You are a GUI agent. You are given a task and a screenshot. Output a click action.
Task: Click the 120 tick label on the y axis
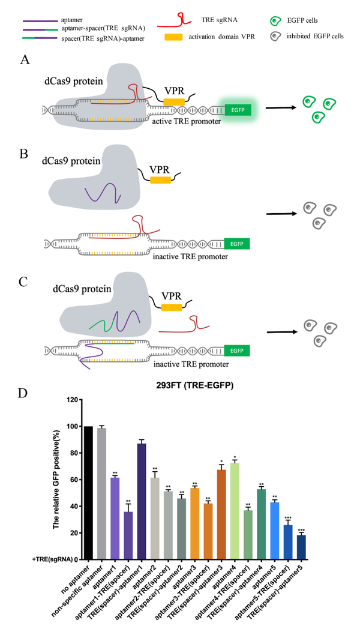(x=73, y=399)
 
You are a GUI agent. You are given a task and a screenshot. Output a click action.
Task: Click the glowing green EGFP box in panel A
(x=235, y=110)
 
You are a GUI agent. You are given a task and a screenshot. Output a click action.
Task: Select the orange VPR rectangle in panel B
(x=160, y=179)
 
